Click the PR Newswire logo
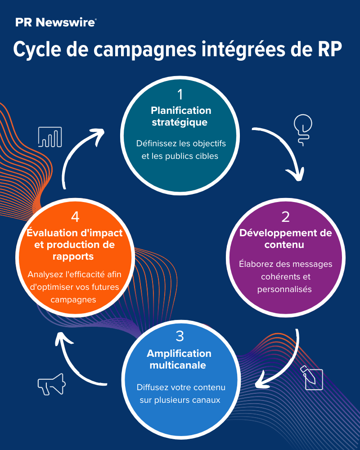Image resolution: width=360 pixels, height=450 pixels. click(55, 22)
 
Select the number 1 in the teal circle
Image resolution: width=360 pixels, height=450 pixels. click(180, 95)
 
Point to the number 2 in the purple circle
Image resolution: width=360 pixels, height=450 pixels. click(285, 217)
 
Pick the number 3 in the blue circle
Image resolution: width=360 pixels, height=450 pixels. click(180, 336)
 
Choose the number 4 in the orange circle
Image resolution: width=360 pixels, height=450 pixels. click(75, 217)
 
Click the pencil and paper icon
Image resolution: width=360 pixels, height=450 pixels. click(313, 378)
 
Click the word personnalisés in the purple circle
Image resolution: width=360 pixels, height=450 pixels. click(285, 289)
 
